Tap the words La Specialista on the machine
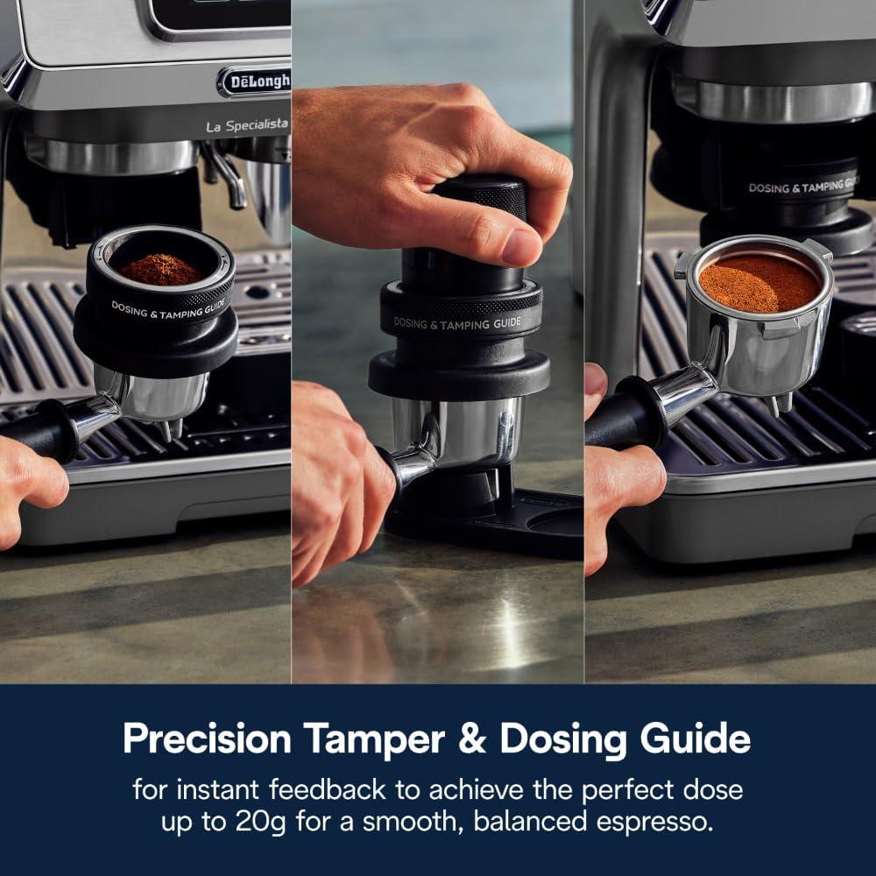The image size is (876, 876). [246, 126]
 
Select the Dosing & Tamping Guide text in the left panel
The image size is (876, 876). [167, 308]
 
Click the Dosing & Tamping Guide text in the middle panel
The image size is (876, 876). [456, 322]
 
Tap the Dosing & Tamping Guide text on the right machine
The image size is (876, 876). [802, 186]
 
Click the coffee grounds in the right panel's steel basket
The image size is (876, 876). [759, 283]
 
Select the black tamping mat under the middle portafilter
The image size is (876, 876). [491, 530]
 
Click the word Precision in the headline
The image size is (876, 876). [207, 738]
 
